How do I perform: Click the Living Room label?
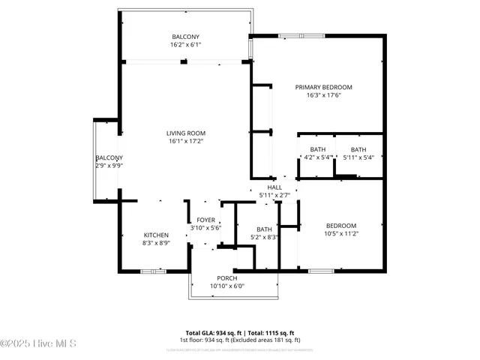pyautogui.click(x=186, y=133)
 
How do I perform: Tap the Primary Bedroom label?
pyautogui.click(x=323, y=87)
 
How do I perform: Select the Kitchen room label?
pyautogui.click(x=156, y=235)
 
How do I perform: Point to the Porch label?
pyautogui.click(x=227, y=277)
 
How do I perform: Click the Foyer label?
pyautogui.click(x=205, y=220)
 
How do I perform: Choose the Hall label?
pyautogui.click(x=274, y=187)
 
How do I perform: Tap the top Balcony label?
pyautogui.click(x=186, y=37)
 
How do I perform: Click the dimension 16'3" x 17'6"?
pyautogui.click(x=323, y=95)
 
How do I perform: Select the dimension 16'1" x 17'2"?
pyautogui.click(x=186, y=141)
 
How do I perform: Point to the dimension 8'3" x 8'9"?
pyautogui.click(x=156, y=243)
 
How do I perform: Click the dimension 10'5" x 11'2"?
pyautogui.click(x=340, y=233)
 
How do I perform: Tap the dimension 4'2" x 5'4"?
pyautogui.click(x=317, y=157)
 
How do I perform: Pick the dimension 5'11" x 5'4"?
pyautogui.click(x=358, y=157)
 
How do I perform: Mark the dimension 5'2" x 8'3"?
pyautogui.click(x=264, y=237)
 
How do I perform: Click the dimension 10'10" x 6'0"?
pyautogui.click(x=227, y=286)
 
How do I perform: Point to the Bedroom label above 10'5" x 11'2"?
pyautogui.click(x=340, y=226)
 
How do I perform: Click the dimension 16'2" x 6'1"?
pyautogui.click(x=186, y=45)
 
